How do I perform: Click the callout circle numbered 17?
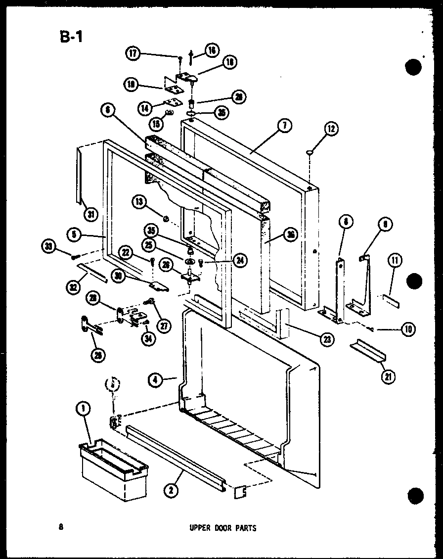pos(133,54)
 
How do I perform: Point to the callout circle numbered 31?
pos(91,214)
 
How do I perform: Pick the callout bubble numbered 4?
pos(155,380)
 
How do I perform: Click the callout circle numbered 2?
pos(171,490)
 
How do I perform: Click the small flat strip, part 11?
pos(391,300)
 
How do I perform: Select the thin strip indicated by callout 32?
pos(92,272)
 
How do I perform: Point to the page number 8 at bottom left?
pos(60,527)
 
